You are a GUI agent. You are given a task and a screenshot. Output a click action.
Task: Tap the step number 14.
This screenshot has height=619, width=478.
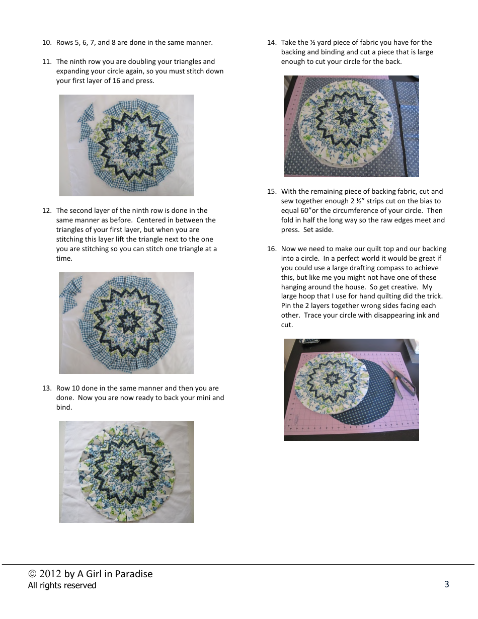272,43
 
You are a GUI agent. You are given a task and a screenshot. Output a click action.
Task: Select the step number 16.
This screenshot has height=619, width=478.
272,249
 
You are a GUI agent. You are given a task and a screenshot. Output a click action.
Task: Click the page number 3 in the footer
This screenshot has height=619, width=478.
446,584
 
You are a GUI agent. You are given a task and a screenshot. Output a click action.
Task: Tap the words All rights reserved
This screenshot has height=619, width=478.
62,585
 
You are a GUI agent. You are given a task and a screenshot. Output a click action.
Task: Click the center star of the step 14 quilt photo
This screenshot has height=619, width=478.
346,117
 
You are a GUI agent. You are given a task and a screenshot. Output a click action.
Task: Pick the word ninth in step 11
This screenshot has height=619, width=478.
78,62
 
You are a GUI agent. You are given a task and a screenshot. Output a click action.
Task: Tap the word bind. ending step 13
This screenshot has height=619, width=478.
64,408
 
